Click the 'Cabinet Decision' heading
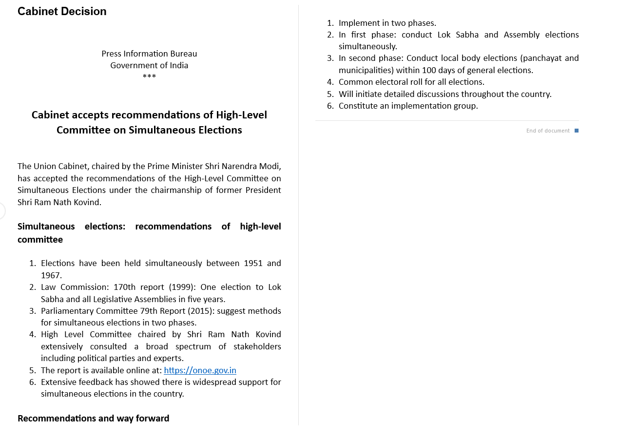pos(62,12)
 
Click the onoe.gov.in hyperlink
pos(200,370)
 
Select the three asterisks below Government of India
pos(149,77)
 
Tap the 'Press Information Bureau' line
pos(149,54)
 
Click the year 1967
pos(51,275)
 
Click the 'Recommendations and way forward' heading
pos(94,419)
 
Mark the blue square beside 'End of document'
pos(577,131)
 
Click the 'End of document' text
pos(548,131)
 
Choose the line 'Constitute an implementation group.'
pos(408,106)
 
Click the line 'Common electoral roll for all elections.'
pos(411,82)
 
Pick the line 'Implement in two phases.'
pos(387,23)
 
